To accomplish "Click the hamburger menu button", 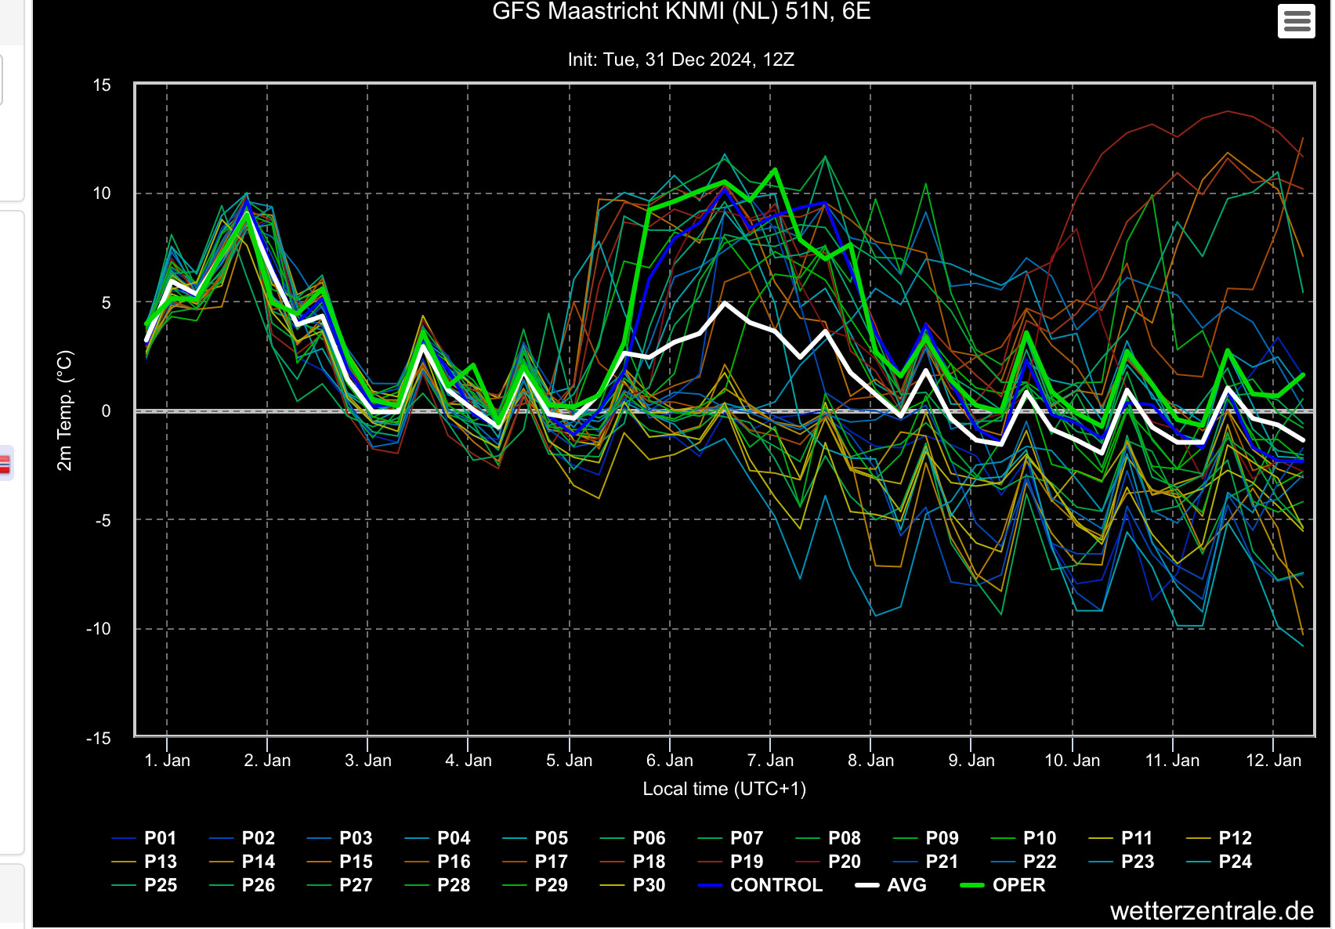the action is (1297, 21).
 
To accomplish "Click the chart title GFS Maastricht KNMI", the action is (681, 11).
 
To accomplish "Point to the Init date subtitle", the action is (681, 60).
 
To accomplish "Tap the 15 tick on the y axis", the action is (102, 85).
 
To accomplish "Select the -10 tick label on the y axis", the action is (99, 629).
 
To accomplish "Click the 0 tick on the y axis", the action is (106, 411).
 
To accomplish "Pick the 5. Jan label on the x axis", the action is (569, 761).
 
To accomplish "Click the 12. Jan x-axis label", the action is (1274, 761).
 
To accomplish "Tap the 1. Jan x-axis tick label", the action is (167, 761).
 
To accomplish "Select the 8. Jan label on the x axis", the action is (870, 761).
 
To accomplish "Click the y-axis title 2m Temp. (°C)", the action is (64, 410).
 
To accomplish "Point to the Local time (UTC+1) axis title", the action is (724, 789).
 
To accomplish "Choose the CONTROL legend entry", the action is (761, 885).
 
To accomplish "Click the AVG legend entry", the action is (891, 885).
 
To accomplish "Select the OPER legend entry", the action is (1003, 885).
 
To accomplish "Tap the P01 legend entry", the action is (143, 838).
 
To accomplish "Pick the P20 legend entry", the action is (828, 862).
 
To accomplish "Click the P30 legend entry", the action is (632, 885).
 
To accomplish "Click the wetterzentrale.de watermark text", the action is (1212, 910).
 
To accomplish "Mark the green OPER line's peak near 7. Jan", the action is (775, 170).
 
